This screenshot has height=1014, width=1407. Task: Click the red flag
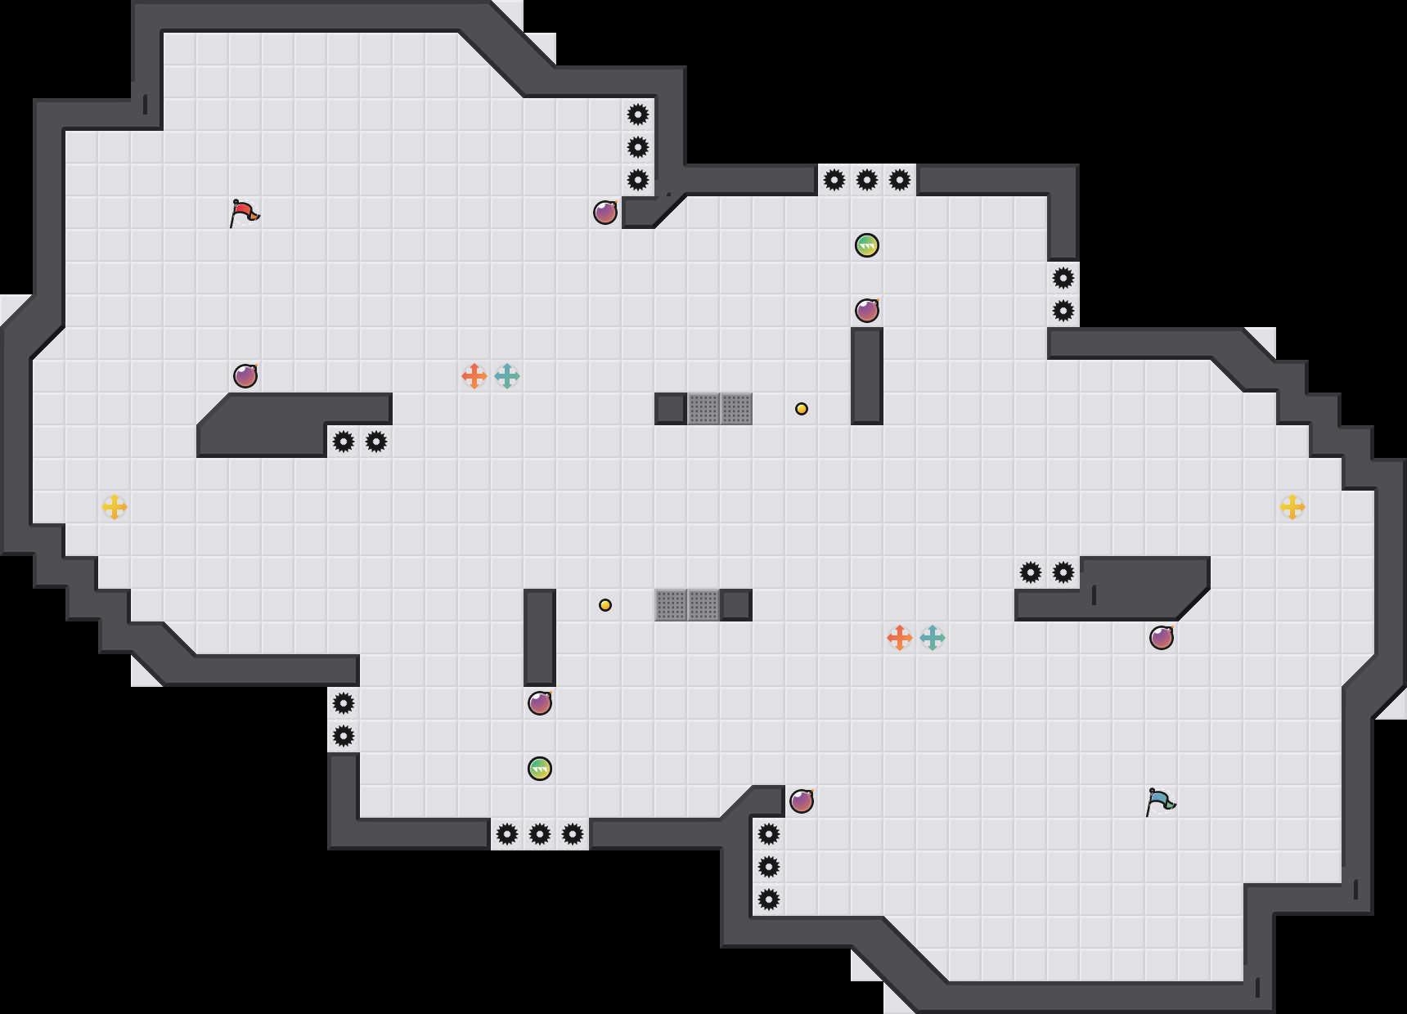244,213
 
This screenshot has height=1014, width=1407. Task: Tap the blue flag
1160,801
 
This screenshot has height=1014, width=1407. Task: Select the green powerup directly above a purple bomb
867,245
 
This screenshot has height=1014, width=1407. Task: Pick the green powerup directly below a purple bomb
540,769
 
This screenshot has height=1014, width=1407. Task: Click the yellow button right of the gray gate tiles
802,409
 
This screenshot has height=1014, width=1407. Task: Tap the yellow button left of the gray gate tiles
605,605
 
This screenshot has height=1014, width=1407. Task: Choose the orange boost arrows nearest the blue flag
900,638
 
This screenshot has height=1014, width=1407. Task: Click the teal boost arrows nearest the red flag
507,376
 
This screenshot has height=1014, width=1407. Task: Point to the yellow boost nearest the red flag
115,507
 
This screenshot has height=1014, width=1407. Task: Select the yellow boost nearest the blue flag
1292,507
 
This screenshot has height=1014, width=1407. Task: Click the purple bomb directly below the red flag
245,376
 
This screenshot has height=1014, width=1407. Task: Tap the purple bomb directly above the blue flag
1162,638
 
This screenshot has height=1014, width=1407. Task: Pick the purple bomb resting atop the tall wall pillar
867,311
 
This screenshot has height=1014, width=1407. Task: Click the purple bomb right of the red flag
605,213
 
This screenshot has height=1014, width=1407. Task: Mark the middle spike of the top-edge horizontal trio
867,180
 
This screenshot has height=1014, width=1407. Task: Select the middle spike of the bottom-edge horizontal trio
540,834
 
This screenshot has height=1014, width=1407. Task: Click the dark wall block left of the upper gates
671,409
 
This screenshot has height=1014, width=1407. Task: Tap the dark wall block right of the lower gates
736,605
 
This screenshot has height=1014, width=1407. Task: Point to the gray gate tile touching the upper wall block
703,409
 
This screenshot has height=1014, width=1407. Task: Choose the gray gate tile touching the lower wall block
703,605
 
